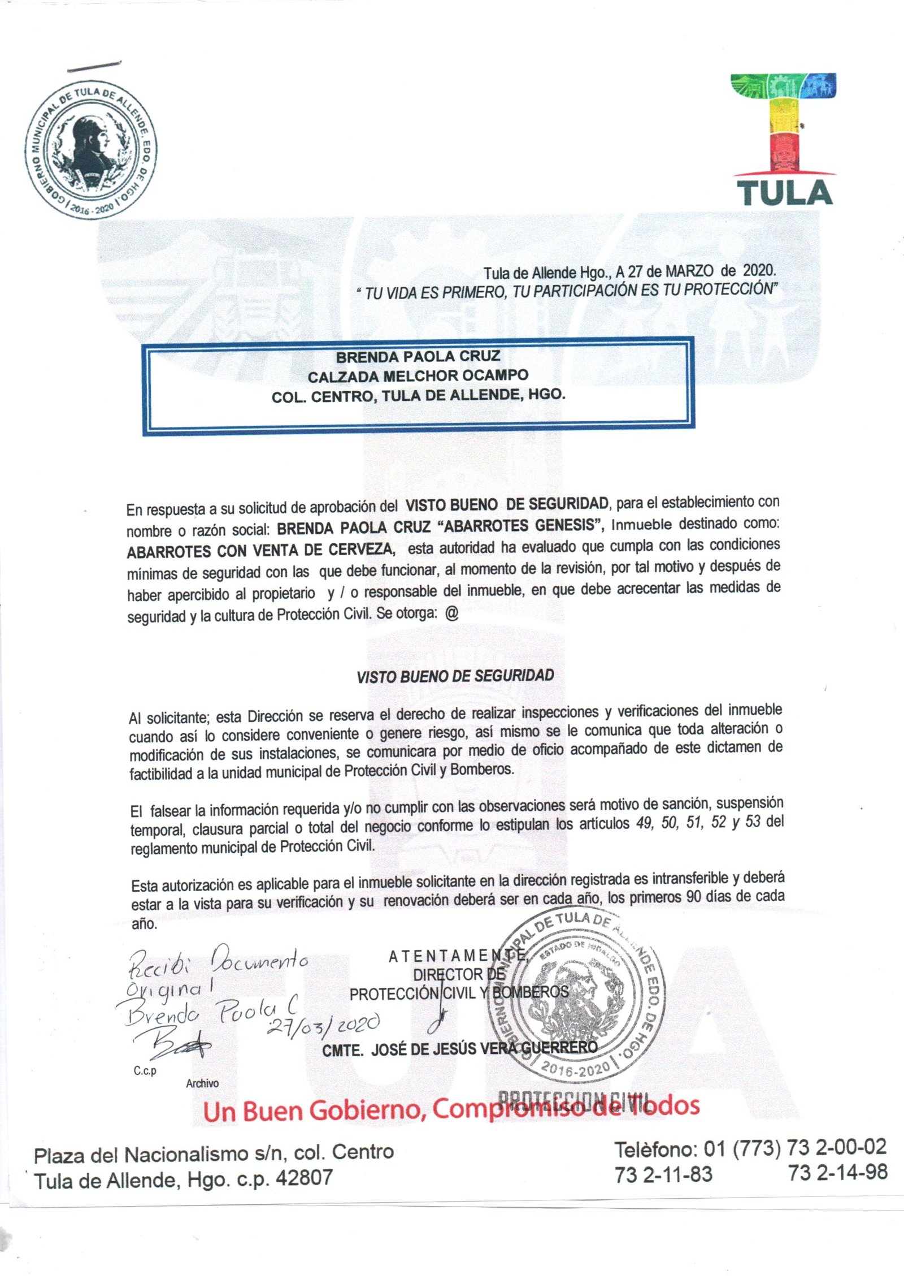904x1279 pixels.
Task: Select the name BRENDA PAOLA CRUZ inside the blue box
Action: pyautogui.click(x=418, y=357)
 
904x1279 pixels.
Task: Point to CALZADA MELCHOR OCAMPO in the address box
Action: pyautogui.click(x=418, y=375)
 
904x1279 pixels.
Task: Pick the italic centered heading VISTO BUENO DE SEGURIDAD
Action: pyautogui.click(x=455, y=676)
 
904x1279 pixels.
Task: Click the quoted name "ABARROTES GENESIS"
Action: pyautogui.click(x=520, y=526)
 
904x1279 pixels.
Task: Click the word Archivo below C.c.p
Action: pyautogui.click(x=202, y=1083)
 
